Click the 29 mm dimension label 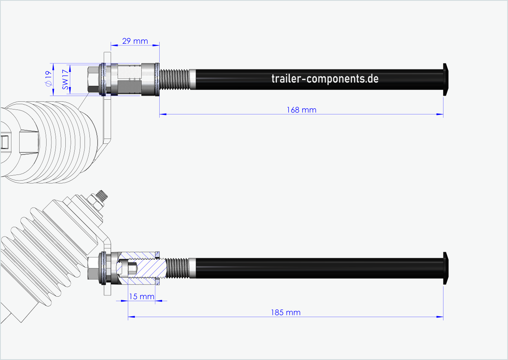coord(135,41)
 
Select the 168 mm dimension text coord(301,110)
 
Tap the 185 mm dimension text coord(285,313)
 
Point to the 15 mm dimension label coord(141,296)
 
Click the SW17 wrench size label coord(65,79)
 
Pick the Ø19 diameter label coord(48,79)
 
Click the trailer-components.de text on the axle coord(325,79)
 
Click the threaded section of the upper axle coord(174,79)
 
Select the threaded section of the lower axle coord(176,268)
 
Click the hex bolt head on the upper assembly coord(93,79)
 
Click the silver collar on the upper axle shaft coord(192,79)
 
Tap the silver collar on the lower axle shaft coord(192,268)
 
